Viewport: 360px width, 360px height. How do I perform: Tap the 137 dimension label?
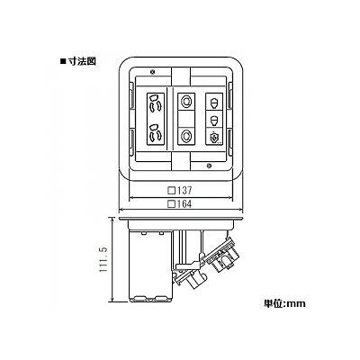coord(184,190)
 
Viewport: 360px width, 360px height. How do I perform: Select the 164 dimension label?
coord(184,204)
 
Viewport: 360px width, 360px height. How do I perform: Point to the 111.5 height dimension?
coord(103,260)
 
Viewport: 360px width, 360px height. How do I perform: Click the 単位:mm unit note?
coord(284,303)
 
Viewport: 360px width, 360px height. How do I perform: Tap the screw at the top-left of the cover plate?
coord(152,71)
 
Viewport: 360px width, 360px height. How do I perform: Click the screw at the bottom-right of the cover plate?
coord(210,166)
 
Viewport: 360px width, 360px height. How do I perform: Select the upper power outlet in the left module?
coord(156,103)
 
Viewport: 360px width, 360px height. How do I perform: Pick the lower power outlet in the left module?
coord(156,132)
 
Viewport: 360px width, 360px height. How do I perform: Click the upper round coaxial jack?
coord(186,101)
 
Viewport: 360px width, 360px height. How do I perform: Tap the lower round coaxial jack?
coord(186,137)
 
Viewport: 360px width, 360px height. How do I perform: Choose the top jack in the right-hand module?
coord(214,102)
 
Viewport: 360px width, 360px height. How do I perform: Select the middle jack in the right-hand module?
coord(214,120)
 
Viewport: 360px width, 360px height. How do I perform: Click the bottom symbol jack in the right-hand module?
coord(214,137)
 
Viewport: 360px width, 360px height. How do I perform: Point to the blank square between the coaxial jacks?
coord(186,119)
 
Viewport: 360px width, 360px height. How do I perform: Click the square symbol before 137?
coord(172,191)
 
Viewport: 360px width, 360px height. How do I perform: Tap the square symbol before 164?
coord(172,204)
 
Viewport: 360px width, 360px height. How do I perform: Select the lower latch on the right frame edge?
coord(229,142)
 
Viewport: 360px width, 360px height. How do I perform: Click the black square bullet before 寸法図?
coord(63,62)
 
